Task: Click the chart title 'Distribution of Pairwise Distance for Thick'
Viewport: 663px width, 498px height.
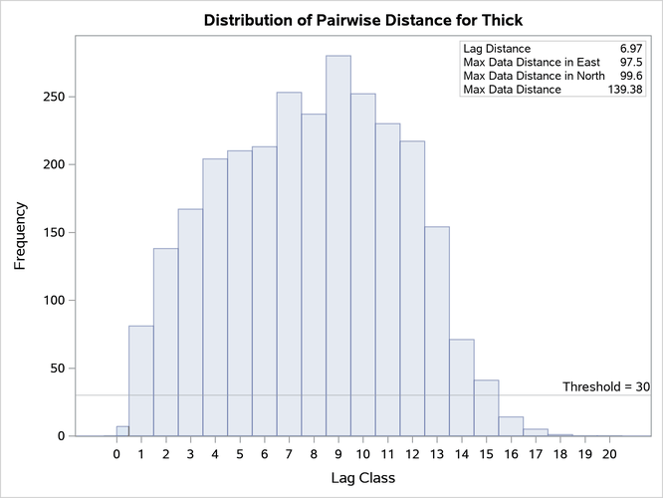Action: (362, 20)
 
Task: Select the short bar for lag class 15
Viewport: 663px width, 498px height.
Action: (486, 408)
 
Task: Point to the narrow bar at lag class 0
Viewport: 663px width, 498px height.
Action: (122, 431)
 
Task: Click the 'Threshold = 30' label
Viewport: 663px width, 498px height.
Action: (605, 386)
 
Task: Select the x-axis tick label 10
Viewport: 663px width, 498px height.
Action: (363, 455)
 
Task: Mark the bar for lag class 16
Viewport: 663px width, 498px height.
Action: (511, 426)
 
